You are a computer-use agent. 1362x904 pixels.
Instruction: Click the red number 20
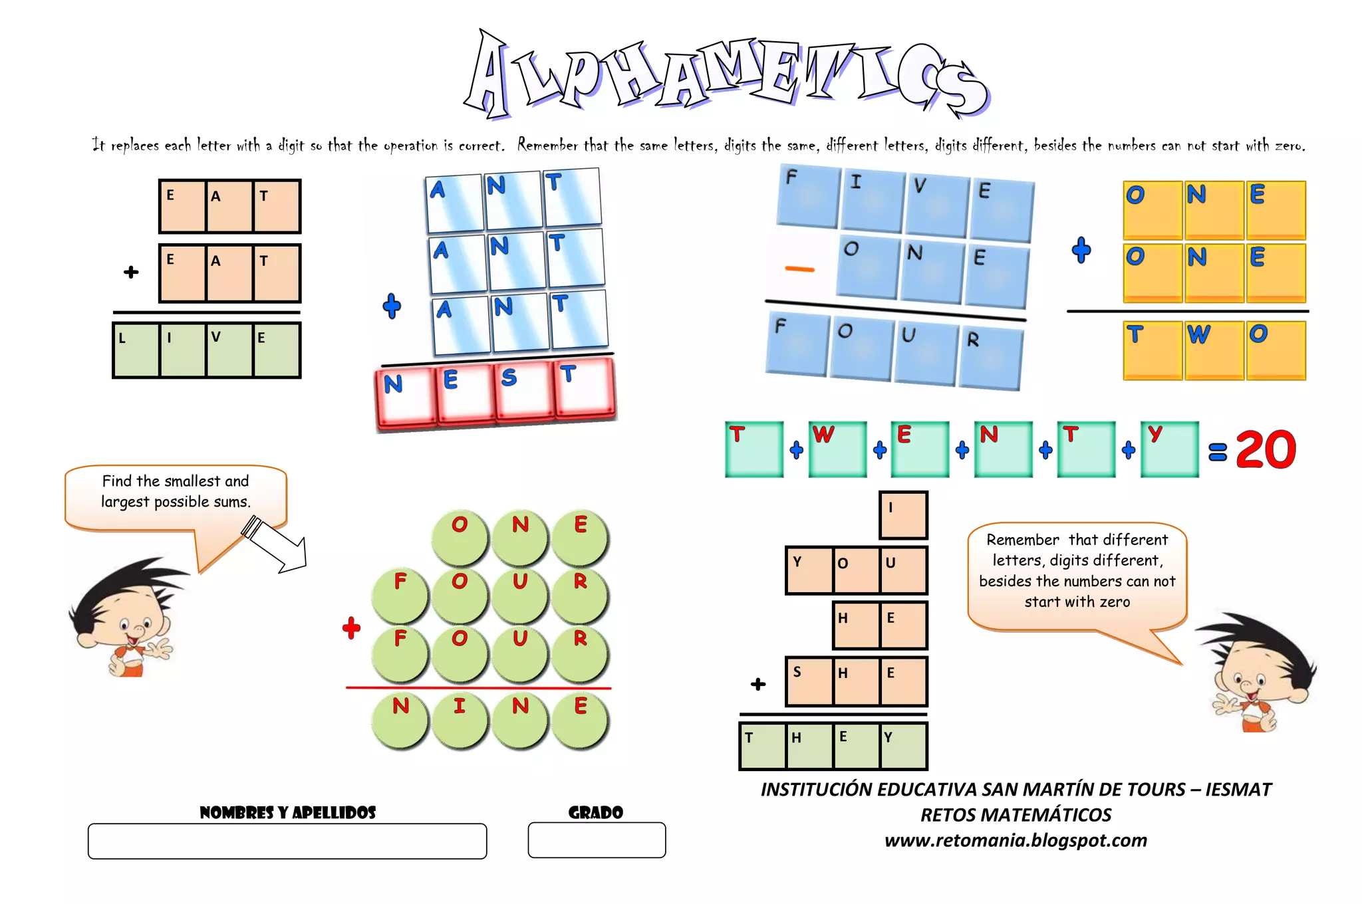click(1266, 450)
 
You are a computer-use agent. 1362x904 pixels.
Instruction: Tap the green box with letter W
click(837, 449)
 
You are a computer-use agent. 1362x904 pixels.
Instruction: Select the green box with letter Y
click(1169, 449)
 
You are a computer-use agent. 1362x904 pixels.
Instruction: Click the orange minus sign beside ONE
click(799, 269)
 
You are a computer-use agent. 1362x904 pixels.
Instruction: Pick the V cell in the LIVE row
click(229, 350)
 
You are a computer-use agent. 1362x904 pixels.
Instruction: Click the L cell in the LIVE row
click(136, 350)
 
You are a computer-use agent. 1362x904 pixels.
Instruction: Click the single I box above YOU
click(902, 514)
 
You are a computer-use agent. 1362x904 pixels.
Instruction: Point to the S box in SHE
click(809, 681)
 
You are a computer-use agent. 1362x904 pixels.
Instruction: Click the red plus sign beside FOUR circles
click(351, 627)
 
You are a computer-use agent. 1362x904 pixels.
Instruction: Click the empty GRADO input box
click(597, 840)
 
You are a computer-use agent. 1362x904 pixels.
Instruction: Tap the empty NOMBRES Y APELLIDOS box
click(287, 841)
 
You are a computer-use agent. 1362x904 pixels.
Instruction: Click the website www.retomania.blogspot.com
click(1016, 840)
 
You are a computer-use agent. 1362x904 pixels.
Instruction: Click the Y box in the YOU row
click(809, 570)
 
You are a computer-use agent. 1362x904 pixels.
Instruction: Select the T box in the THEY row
click(762, 746)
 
